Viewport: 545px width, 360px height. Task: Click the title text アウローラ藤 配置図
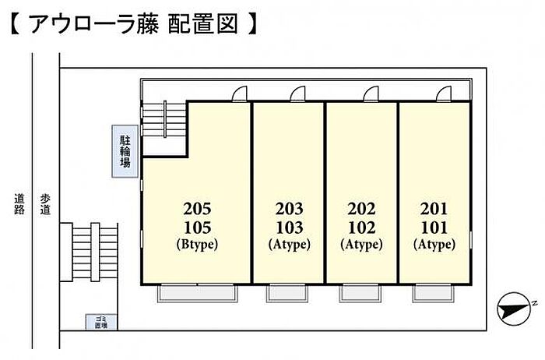(132, 24)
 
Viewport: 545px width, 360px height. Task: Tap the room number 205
(197, 209)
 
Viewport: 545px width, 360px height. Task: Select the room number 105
(197, 227)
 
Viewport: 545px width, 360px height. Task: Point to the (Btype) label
(197, 244)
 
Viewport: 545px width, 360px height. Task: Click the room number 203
(289, 209)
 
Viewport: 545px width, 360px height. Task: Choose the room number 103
(289, 227)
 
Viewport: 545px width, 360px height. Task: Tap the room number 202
(362, 209)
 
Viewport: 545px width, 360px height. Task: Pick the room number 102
(362, 227)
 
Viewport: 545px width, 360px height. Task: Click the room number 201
(434, 209)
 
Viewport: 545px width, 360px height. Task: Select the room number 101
(434, 227)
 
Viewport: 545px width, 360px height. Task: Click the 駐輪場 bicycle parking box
(125, 153)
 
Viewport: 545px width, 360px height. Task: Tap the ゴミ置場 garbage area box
(100, 323)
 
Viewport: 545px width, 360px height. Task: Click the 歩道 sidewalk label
(46, 204)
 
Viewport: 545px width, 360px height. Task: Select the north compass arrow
(516, 311)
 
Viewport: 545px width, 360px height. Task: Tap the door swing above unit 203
(298, 94)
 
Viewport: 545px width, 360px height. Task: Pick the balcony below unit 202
(360, 294)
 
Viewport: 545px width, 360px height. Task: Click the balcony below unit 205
(197, 294)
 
